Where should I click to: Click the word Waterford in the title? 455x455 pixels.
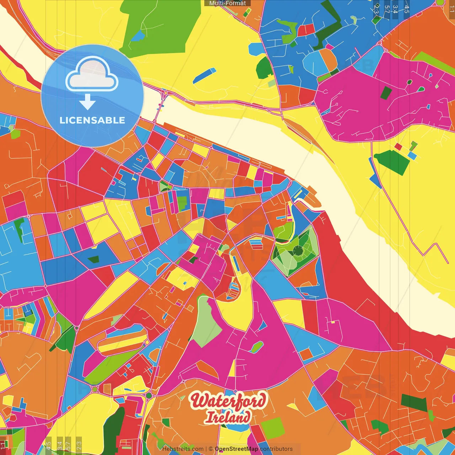click(228, 401)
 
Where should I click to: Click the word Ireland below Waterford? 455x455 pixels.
click(228, 417)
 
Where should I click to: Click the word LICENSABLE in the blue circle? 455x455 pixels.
click(92, 120)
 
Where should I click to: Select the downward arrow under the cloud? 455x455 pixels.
click(87, 102)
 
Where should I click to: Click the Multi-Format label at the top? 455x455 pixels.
click(227, 3)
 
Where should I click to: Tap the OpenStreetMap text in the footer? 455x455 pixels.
click(236, 449)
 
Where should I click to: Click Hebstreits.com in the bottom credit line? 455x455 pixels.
click(183, 449)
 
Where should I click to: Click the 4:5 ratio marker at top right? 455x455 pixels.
click(406, 8)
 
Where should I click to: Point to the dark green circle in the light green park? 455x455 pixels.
click(298, 251)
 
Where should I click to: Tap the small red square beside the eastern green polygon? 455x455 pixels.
click(398, 146)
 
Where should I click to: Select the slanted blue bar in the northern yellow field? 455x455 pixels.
click(204, 76)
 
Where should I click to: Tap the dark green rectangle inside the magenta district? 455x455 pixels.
click(386, 92)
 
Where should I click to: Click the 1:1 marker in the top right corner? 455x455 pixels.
click(451, 8)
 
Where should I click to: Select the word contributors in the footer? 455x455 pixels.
click(276, 449)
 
